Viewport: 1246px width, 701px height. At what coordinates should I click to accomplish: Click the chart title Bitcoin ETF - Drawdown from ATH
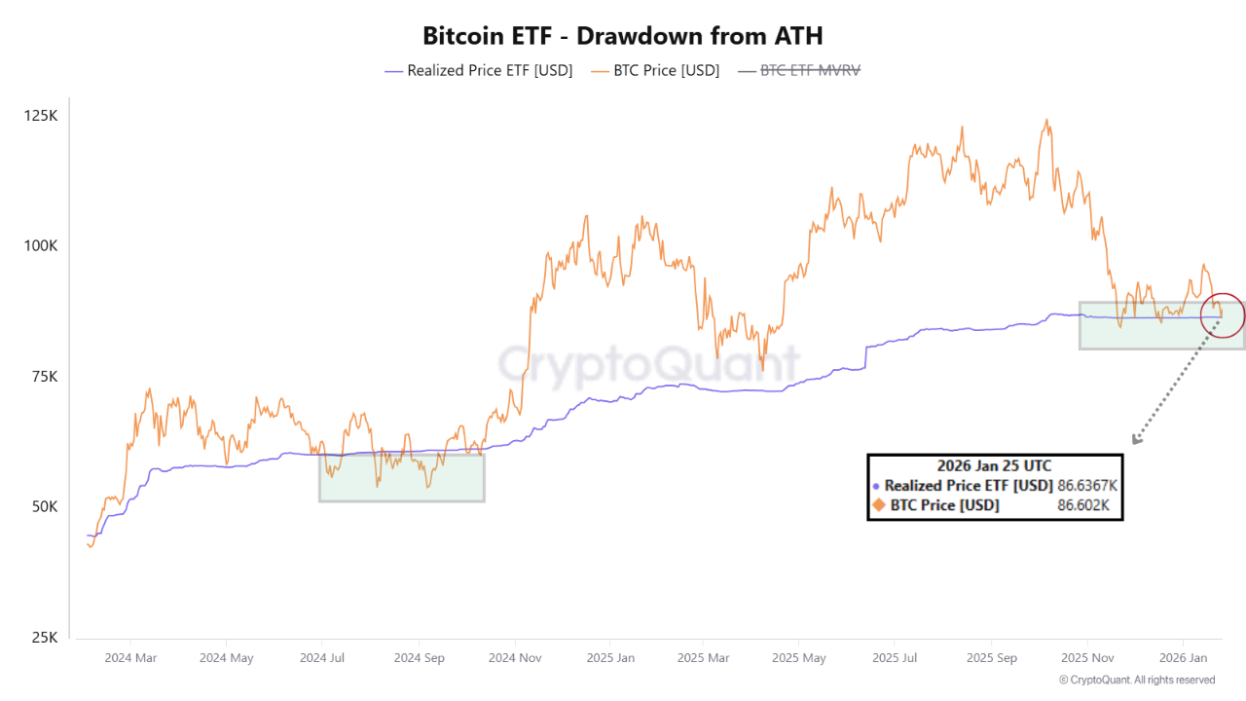tap(622, 36)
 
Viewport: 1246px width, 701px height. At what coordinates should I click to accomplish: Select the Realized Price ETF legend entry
tap(479, 70)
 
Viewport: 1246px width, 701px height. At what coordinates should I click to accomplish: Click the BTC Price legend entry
tap(657, 70)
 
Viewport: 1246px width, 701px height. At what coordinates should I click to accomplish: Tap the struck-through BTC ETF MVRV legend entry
tap(800, 70)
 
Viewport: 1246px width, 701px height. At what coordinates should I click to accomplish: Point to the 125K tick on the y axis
tap(41, 115)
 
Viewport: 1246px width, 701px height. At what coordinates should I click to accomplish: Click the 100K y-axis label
tap(41, 245)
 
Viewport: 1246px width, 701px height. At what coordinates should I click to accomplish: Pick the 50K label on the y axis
tap(44, 507)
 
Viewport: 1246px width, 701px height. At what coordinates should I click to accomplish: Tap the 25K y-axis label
tap(44, 638)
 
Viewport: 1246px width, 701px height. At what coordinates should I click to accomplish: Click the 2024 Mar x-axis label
tap(130, 658)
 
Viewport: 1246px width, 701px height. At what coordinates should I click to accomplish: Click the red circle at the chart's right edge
tap(1223, 314)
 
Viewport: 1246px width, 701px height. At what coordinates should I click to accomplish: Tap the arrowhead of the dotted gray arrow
tap(1136, 439)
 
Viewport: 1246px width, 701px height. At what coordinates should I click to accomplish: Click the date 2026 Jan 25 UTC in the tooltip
tap(994, 465)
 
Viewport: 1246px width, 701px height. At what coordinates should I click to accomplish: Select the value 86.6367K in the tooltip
tap(1088, 485)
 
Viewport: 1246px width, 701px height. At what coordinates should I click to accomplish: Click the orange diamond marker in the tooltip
tap(877, 505)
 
